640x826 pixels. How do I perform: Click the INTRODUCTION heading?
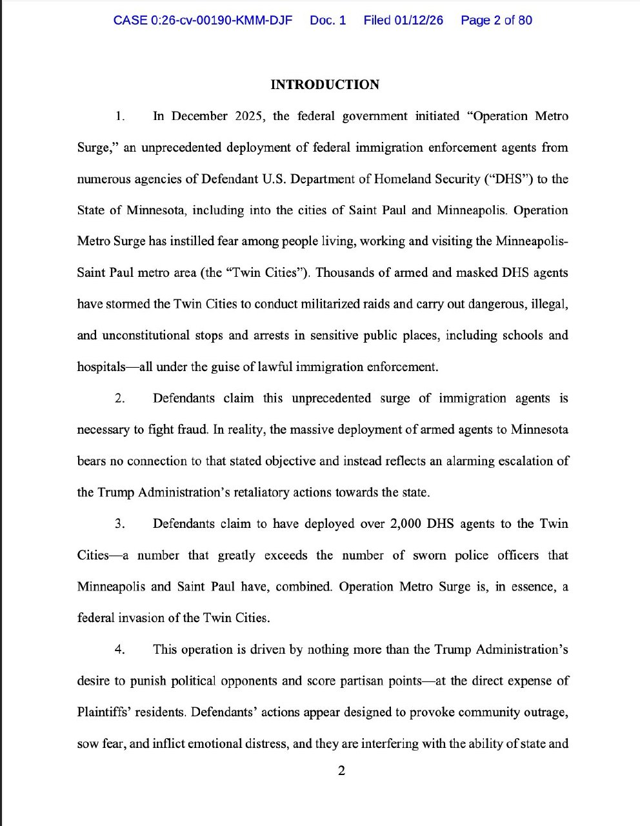325,85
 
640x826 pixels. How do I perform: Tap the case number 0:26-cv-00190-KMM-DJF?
203,20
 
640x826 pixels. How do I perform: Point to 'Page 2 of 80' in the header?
496,20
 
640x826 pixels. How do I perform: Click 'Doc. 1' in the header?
328,20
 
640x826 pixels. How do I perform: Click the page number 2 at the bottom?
341,771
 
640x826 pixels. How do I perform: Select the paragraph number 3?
119,524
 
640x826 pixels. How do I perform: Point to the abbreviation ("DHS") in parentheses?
508,179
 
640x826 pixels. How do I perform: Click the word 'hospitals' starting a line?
101,367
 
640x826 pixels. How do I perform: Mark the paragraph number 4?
119,650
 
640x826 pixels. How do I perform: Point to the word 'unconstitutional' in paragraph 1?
140,336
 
